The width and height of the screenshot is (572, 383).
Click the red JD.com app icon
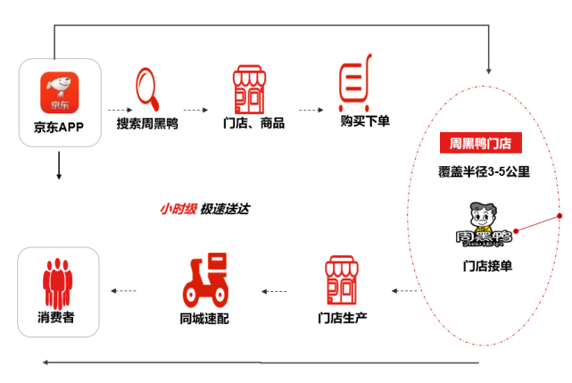[60, 93]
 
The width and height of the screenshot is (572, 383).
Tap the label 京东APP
[59, 127]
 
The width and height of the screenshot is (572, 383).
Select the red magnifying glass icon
[147, 88]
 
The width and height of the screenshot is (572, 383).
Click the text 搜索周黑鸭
[147, 123]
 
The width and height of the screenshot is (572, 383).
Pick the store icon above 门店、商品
[249, 89]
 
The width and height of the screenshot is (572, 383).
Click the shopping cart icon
[355, 83]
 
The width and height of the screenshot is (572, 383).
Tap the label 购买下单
[365, 121]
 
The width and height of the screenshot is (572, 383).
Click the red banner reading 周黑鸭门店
[481, 143]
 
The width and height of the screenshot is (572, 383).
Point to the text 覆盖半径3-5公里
[484, 171]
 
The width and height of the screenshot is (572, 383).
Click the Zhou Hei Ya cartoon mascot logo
[484, 225]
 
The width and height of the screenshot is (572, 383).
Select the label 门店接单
[487, 266]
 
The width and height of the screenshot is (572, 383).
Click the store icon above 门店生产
[342, 280]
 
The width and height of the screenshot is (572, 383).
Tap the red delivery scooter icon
[205, 280]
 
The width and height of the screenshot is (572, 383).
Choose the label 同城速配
[204, 319]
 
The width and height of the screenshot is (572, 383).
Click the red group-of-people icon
[58, 282]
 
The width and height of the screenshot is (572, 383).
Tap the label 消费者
[56, 317]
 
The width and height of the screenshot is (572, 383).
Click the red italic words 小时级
[178, 209]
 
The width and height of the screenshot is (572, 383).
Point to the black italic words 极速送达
[225, 209]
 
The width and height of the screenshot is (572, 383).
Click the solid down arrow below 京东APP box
[59, 165]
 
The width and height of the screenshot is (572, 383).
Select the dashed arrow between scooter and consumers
[124, 291]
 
